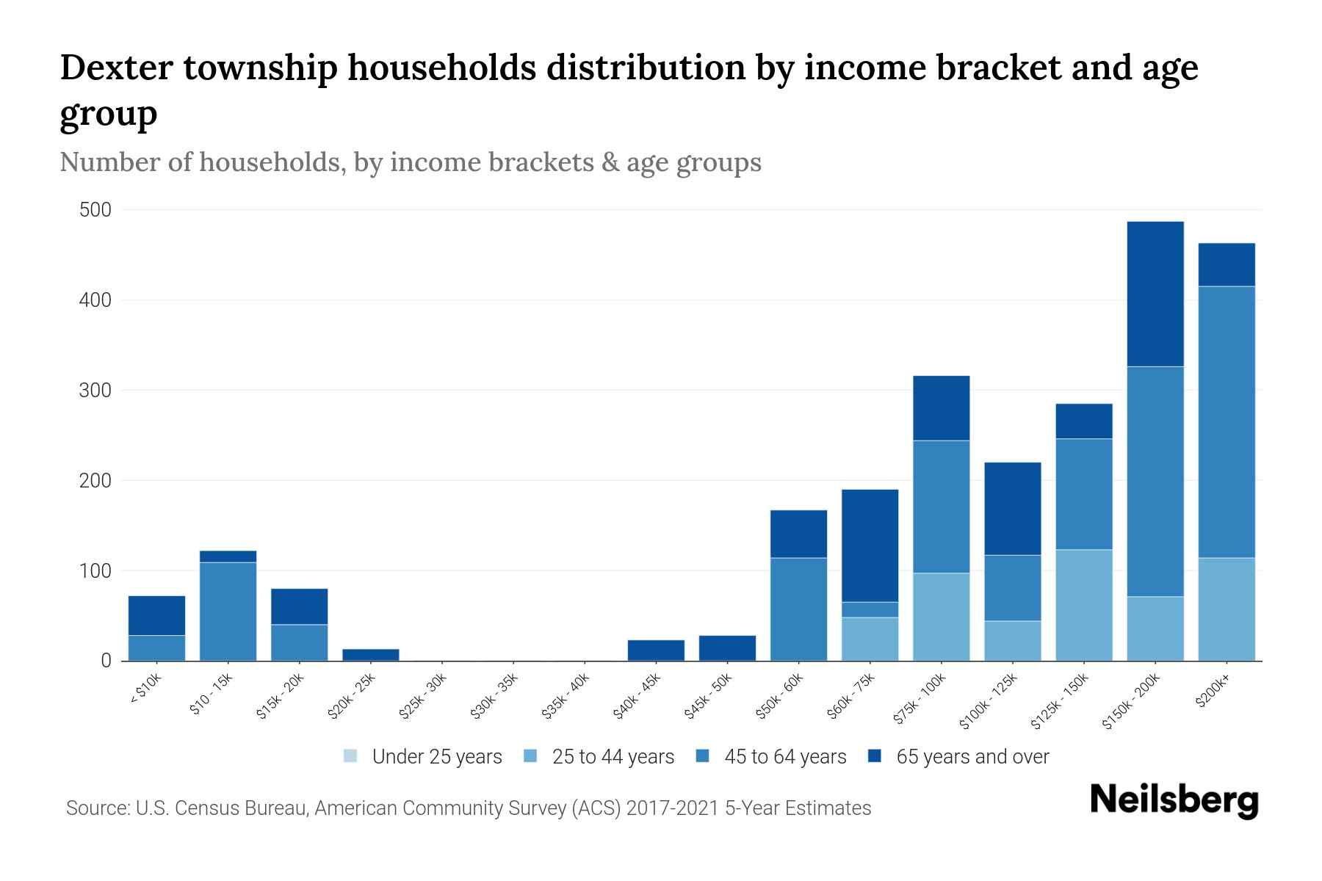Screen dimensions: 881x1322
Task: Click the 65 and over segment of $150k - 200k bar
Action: click(1155, 294)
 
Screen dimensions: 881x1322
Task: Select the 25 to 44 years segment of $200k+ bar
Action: click(1227, 609)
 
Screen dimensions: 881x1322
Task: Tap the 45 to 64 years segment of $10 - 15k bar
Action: click(228, 611)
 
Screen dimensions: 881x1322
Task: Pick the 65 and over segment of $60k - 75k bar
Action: click(870, 545)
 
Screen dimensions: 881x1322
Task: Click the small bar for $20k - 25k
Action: click(371, 654)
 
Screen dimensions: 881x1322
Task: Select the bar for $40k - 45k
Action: click(656, 650)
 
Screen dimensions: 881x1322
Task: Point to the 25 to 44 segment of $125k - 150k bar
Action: click(1084, 605)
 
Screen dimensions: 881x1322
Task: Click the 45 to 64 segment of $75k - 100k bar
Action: click(941, 507)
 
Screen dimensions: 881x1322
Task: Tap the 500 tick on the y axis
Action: click(95, 211)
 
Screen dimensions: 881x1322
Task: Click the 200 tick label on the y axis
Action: click(95, 481)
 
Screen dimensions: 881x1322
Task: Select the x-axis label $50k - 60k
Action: click(781, 697)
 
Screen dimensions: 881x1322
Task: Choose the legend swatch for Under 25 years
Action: click(351, 756)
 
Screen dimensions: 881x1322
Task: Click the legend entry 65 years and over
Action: click(972, 757)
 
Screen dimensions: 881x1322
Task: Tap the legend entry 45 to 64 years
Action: click(784, 757)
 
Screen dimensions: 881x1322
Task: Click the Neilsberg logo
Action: click(1174, 800)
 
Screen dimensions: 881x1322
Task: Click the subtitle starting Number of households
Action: click(411, 162)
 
